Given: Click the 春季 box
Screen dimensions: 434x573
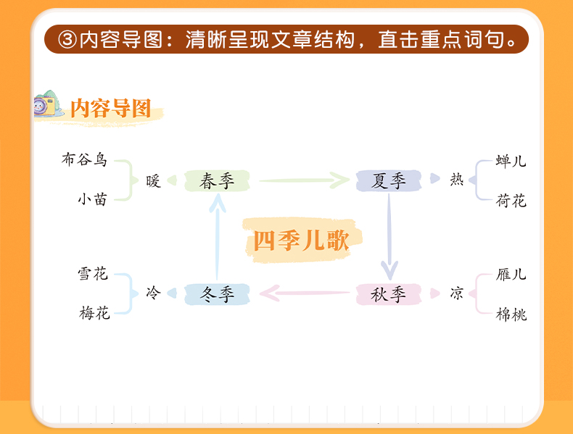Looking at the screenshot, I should pos(217,181).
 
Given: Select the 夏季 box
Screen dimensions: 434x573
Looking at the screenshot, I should pos(389,181).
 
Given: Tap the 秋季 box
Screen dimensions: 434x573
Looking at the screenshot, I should pos(389,294).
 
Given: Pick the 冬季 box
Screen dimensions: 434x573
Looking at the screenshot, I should pos(217,294).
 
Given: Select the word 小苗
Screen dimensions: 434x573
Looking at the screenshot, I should pos(92,199).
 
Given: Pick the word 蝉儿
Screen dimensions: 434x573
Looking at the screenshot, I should pos(511,162).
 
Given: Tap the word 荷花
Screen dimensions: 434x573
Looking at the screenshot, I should pos(511,201).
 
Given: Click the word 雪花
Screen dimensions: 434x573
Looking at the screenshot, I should pos(93,274).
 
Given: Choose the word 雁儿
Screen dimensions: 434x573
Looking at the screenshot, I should pos(511,275).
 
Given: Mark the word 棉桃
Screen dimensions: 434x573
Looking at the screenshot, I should pos(511,314).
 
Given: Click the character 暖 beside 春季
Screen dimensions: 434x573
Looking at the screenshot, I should pos(152,180).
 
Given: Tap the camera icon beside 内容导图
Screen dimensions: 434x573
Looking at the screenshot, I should pos(49,106).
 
